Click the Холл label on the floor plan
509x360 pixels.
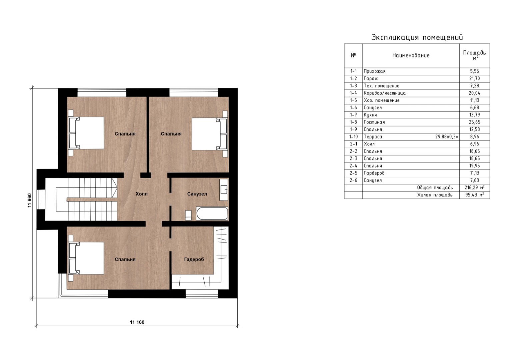[141, 194]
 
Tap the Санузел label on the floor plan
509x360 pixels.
[197, 194]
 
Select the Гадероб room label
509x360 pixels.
[194, 260]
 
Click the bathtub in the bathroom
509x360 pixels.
[212, 214]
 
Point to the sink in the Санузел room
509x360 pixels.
[224, 190]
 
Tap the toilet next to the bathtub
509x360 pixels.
[188, 215]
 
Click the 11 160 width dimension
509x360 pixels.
[137, 322]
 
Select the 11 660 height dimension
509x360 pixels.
[30, 201]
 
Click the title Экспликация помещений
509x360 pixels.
[417, 37]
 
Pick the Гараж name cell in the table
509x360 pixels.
[371, 79]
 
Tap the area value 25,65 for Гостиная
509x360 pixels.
[474, 122]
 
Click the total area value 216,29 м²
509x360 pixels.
[475, 188]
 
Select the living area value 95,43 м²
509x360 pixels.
[475, 195]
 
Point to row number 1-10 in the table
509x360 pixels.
[353, 137]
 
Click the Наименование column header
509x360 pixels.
[411, 55]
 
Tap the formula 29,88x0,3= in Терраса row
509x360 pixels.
[447, 137]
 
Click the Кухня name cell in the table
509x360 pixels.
[370, 115]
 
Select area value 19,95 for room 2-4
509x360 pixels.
[474, 166]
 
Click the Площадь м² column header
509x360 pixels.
[474, 55]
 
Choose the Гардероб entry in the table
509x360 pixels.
[374, 173]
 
